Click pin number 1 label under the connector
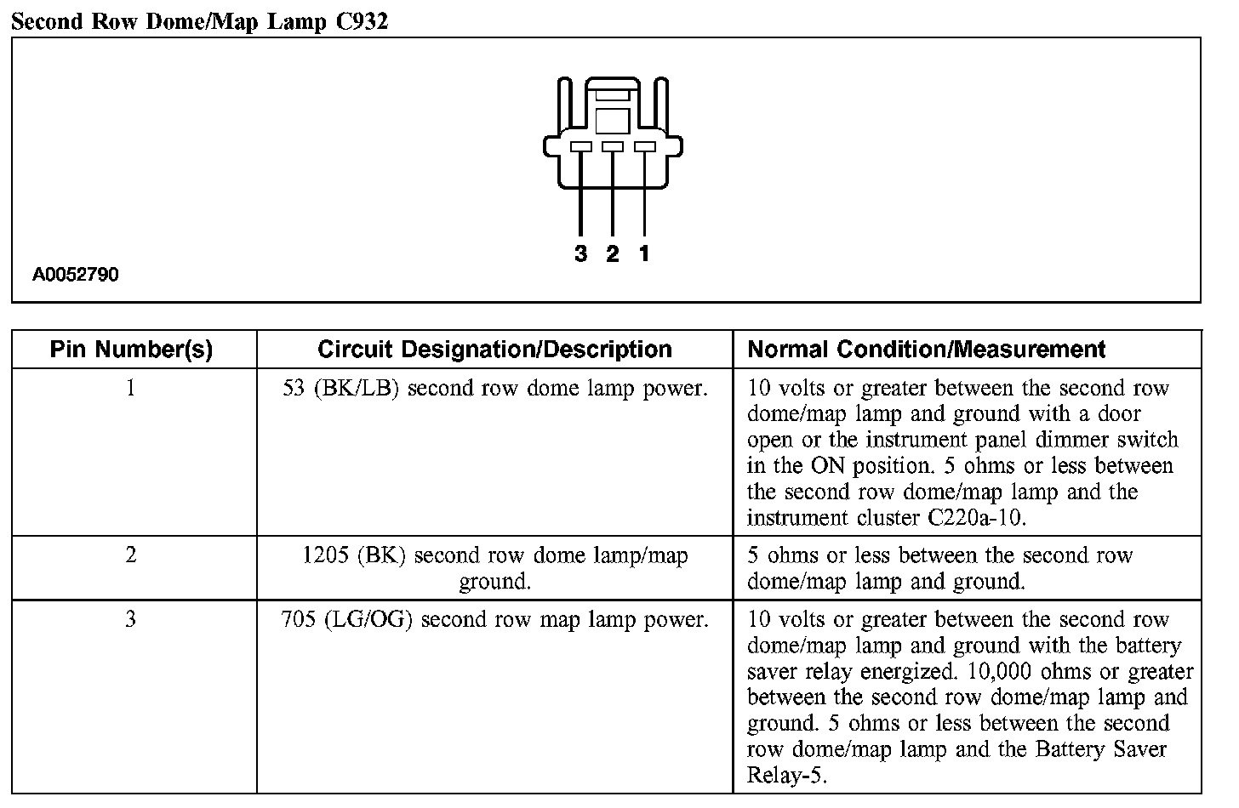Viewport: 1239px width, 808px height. click(644, 253)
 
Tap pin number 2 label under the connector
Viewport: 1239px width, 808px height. click(613, 253)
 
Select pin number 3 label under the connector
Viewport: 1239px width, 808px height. click(581, 253)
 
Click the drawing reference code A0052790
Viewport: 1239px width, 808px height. click(76, 275)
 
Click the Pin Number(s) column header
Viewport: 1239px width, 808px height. click(131, 349)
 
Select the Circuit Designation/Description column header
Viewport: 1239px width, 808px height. click(494, 349)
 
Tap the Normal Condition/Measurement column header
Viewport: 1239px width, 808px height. click(926, 349)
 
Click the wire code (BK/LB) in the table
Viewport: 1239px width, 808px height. click(356, 389)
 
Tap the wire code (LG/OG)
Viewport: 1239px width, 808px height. click(368, 619)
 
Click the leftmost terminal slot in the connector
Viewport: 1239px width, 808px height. click(581, 147)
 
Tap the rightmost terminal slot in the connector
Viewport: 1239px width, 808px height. click(645, 147)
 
